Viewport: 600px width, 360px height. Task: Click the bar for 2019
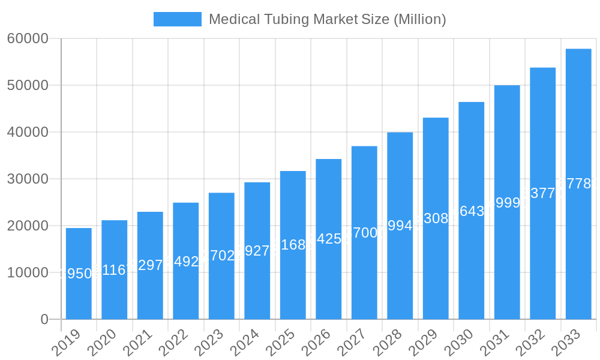coord(79,274)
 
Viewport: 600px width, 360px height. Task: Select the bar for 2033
coord(578,184)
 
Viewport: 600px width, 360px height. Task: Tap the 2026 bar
coord(329,239)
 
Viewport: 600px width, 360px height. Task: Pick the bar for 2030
coord(472,211)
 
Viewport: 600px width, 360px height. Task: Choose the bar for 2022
coord(186,261)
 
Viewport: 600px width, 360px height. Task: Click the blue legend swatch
coord(177,19)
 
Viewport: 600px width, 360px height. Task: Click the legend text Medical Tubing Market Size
coord(327,19)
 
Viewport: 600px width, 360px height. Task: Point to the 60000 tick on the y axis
coord(28,38)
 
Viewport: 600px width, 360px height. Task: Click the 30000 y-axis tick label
coord(28,179)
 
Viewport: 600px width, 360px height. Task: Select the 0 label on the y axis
coord(44,319)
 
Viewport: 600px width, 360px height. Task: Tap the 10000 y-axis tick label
coord(28,272)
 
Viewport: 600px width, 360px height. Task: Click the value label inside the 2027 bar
coord(364,233)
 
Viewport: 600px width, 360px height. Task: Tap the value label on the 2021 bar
coord(150,265)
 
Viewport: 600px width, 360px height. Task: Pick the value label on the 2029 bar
coord(436,218)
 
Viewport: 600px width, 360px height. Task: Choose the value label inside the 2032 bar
coord(542,193)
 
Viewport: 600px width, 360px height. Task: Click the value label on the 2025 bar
coord(293,245)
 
